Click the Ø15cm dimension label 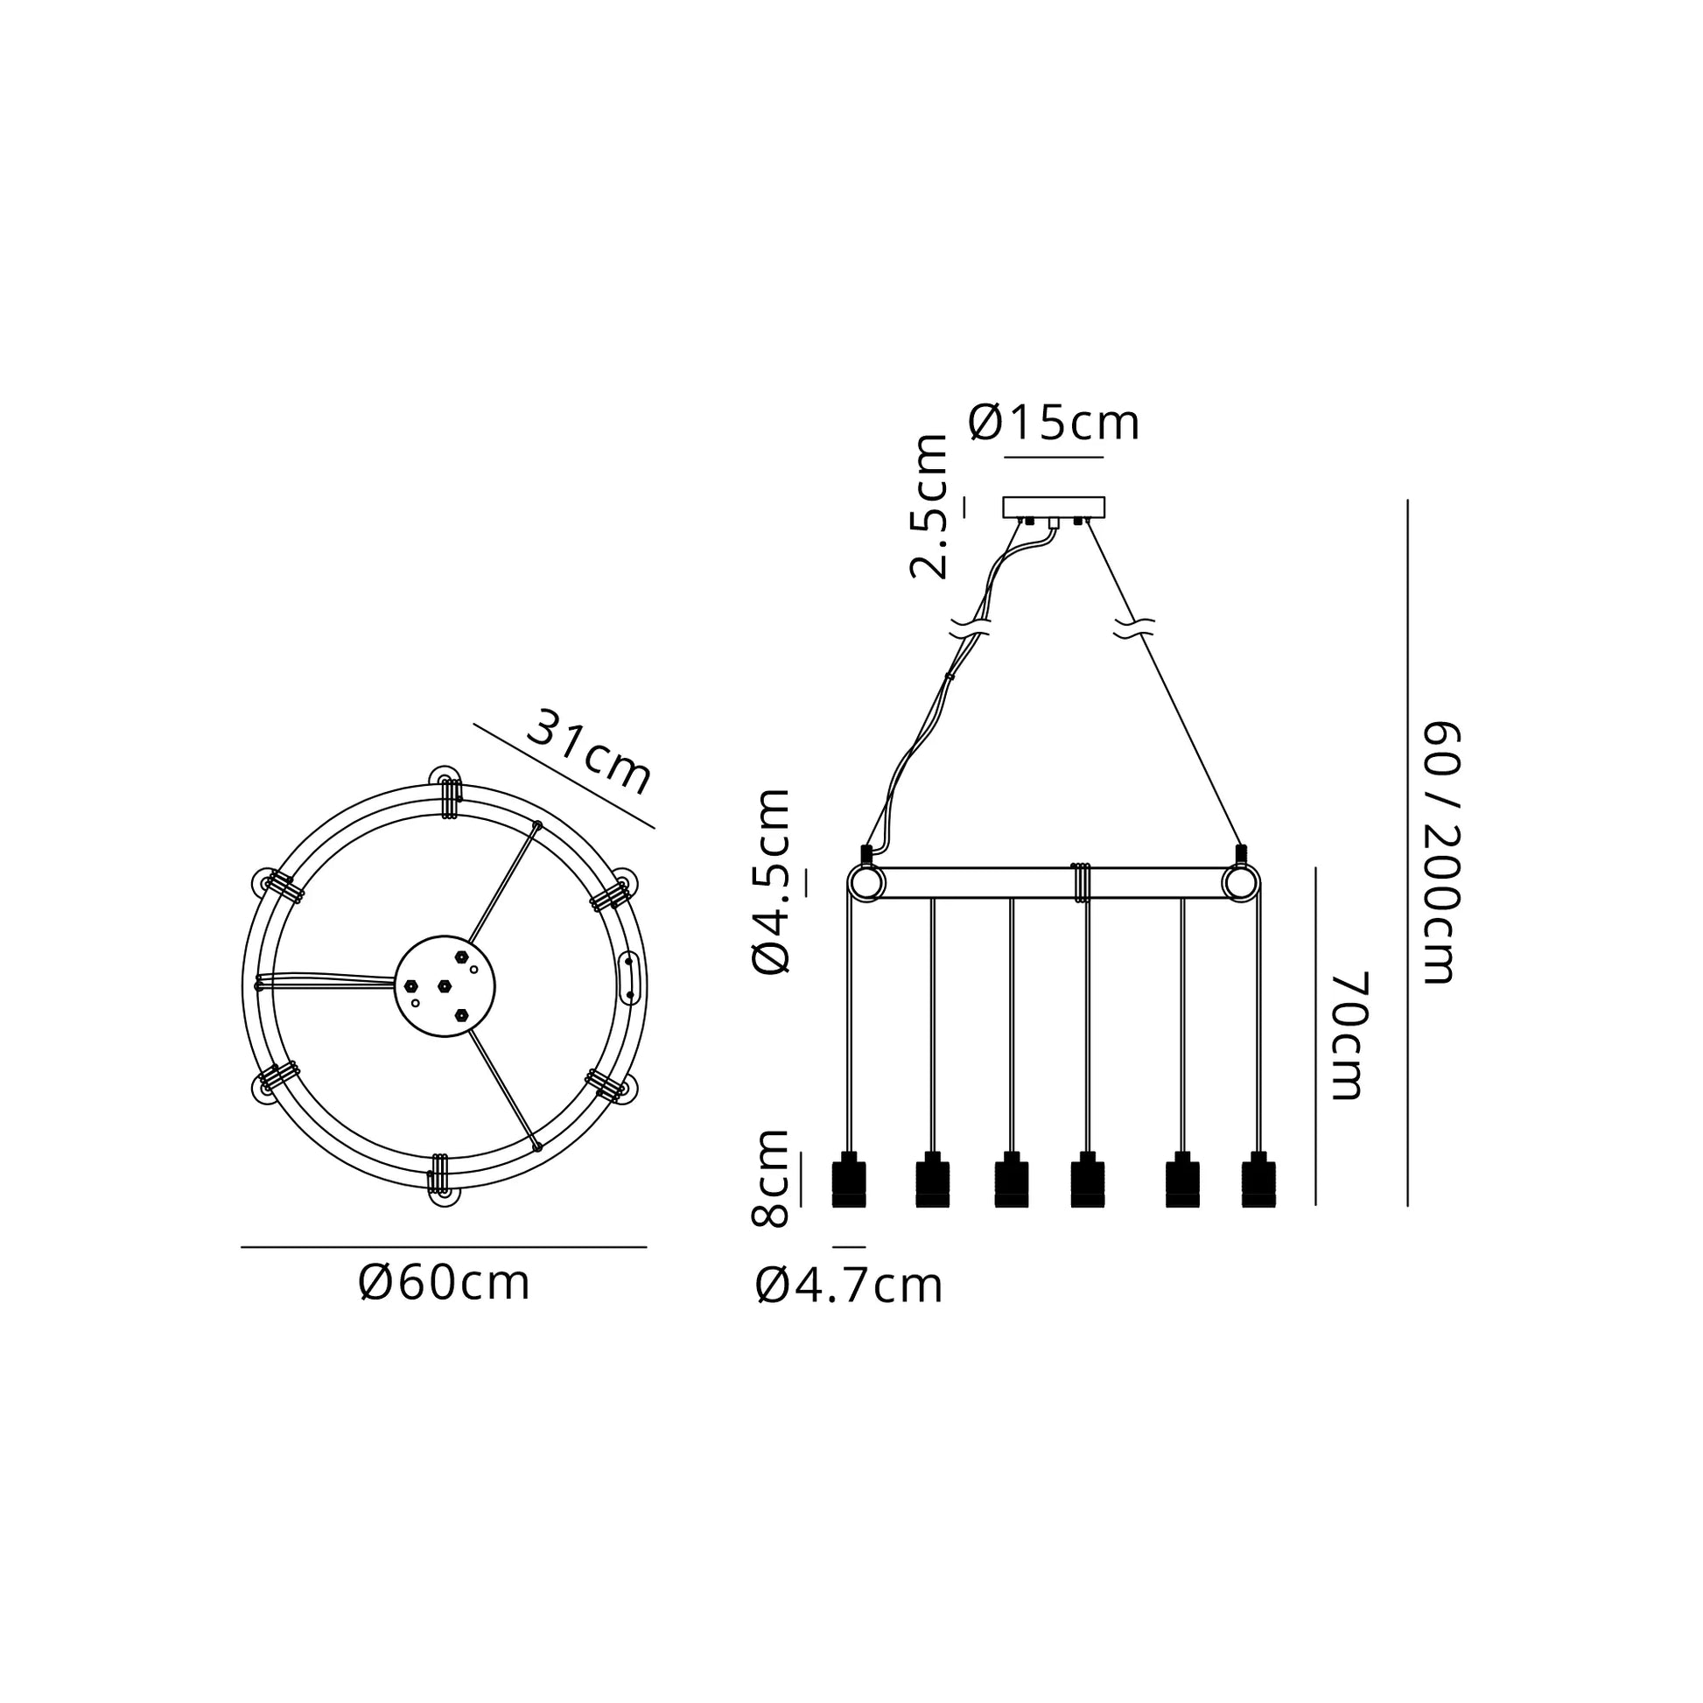pos(1054,423)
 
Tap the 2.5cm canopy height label pos(929,507)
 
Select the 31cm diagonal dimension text pos(590,752)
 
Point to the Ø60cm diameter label pos(445,1284)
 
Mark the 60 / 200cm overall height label pos(1442,852)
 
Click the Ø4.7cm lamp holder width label pos(849,1287)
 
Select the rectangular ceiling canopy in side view pos(1054,508)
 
